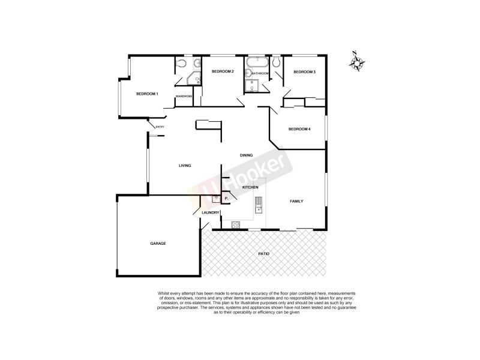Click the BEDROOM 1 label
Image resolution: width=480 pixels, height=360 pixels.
(x=147, y=94)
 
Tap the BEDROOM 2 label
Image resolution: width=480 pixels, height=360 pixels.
(x=222, y=72)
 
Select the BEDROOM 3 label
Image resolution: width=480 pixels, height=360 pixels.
(x=304, y=72)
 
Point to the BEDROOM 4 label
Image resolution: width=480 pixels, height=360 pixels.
(x=299, y=129)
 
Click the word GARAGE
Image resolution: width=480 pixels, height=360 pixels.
(x=158, y=243)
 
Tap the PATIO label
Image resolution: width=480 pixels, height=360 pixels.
(x=264, y=254)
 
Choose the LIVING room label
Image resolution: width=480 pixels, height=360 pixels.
(x=185, y=166)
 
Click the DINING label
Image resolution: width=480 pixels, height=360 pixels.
(x=247, y=155)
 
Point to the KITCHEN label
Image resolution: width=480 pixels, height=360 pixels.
(x=250, y=188)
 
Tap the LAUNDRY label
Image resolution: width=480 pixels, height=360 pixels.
(x=210, y=212)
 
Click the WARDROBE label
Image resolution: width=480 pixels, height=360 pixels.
(x=184, y=96)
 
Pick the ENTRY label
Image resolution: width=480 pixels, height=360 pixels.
(x=160, y=127)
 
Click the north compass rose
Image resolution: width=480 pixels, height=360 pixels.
(x=359, y=64)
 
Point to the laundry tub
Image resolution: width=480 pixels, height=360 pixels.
(x=215, y=199)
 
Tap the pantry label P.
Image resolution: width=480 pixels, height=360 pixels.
(x=226, y=199)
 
